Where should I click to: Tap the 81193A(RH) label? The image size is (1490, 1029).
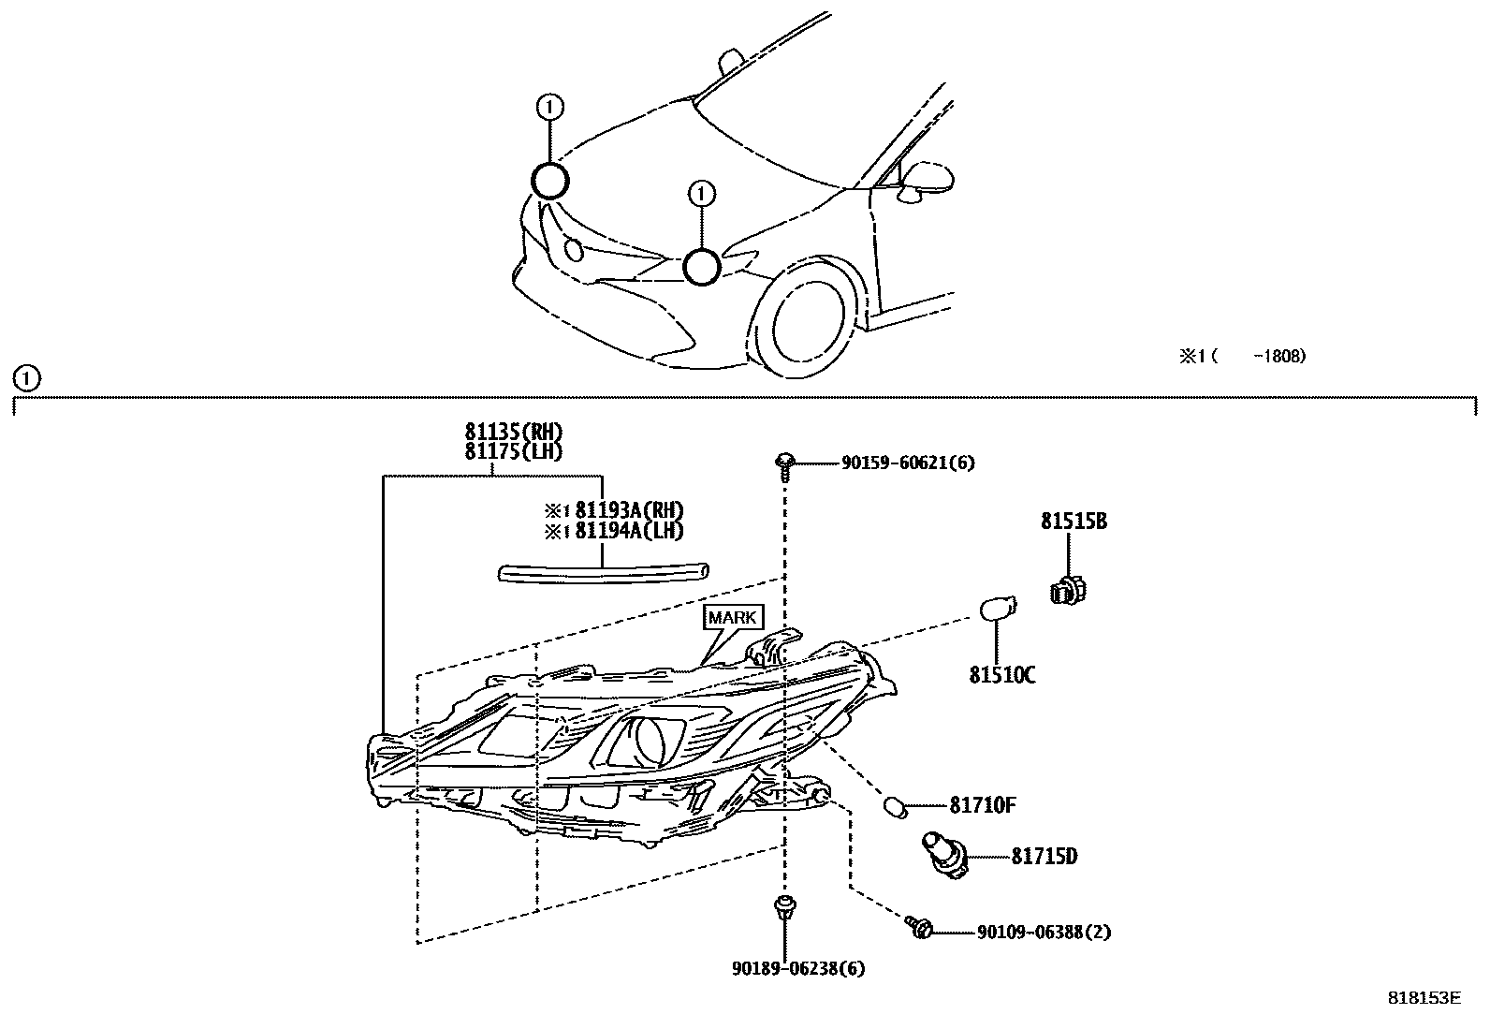[628, 510]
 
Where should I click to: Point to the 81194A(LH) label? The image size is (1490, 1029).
[628, 531]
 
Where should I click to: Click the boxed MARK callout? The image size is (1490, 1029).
[732, 618]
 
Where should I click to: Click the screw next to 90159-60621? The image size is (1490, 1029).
[784, 463]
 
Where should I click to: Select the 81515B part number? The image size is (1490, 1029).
[1074, 522]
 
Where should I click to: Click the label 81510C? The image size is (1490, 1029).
[1001, 675]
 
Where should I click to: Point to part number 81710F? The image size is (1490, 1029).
[983, 805]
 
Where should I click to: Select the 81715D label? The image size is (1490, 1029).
[1044, 857]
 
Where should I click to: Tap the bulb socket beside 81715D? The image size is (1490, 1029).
[942, 854]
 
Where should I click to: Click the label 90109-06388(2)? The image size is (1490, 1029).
[1044, 933]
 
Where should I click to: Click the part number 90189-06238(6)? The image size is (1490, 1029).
[798, 969]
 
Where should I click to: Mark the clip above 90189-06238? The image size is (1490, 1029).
[783, 908]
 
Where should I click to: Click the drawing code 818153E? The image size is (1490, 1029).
[1424, 998]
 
